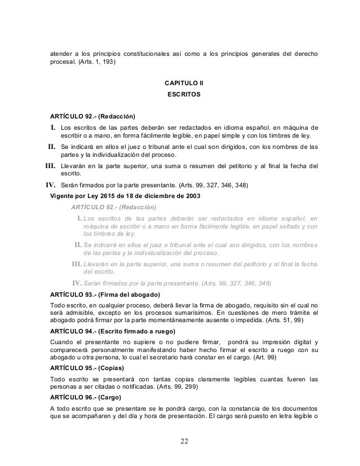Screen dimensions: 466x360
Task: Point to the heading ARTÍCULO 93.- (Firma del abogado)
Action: (106, 294)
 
